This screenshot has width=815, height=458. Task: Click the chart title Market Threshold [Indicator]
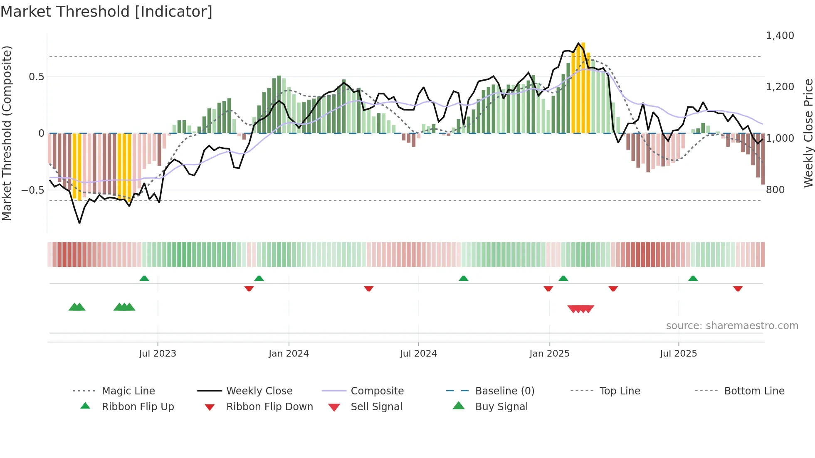[x=106, y=12]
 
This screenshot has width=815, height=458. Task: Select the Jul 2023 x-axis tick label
[x=158, y=354]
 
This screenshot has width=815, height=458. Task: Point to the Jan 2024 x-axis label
[x=289, y=354]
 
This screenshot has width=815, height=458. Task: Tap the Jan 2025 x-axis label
[x=549, y=354]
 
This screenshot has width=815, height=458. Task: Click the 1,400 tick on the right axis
[x=780, y=36]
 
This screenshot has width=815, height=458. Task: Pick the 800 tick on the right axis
[x=775, y=190]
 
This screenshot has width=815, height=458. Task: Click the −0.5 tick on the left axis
[x=32, y=190]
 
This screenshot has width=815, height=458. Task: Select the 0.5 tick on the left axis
[x=36, y=77]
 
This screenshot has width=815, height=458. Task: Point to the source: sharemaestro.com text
[x=732, y=326]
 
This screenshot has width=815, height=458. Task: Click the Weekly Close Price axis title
[x=808, y=133]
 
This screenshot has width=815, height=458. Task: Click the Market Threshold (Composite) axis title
[x=7, y=133]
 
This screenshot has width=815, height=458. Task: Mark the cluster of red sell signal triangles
[x=580, y=309]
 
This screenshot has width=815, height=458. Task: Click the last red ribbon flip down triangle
[x=738, y=288]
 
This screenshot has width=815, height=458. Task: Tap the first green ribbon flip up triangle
[x=144, y=278]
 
